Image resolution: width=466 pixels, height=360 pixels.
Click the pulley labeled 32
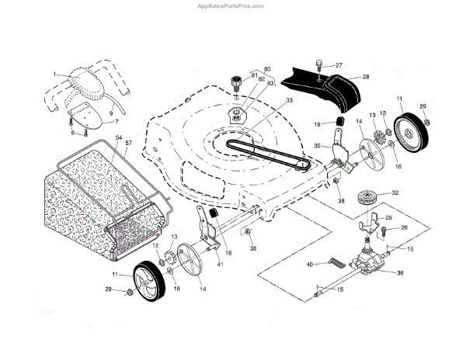[363, 197]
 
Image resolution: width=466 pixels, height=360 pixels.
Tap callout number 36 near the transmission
[401, 272]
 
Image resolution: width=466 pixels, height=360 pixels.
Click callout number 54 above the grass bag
[119, 137]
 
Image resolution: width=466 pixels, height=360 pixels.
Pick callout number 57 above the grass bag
[129, 144]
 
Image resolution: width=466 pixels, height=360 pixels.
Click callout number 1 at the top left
[55, 74]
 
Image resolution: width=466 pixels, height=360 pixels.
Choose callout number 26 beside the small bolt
[403, 228]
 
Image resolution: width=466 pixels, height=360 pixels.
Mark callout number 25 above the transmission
[389, 219]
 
